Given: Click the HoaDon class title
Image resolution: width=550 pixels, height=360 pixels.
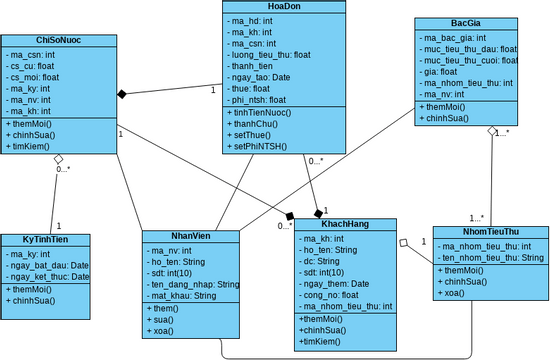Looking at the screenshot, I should (x=284, y=6).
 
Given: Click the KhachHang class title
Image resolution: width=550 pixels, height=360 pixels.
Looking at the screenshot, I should (x=345, y=225).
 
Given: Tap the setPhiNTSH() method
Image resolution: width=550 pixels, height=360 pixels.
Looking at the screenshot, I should (x=260, y=146).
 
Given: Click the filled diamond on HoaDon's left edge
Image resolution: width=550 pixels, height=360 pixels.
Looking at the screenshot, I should (x=122, y=94).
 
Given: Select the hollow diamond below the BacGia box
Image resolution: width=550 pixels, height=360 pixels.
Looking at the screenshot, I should (x=491, y=132).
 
